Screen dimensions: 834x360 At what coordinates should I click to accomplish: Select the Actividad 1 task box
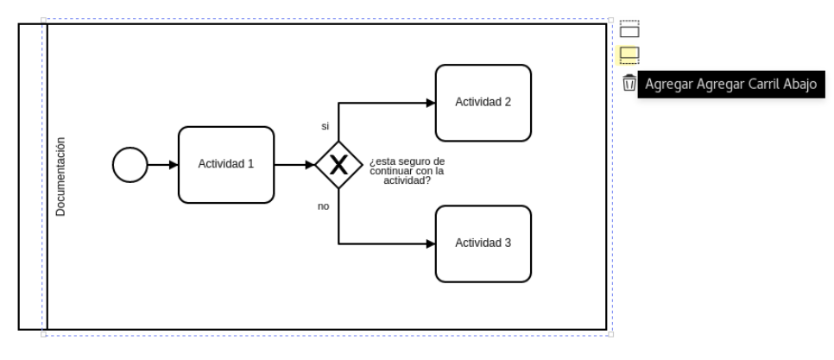[226, 165]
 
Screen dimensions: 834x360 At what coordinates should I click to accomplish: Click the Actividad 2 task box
[483, 103]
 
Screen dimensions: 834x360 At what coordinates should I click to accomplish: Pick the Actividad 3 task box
[483, 244]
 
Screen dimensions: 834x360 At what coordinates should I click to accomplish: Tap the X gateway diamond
[338, 165]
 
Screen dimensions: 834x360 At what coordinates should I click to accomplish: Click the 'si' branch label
[325, 127]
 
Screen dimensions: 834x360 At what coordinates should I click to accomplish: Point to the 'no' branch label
[324, 206]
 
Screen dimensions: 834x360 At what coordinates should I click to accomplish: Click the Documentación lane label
[60, 176]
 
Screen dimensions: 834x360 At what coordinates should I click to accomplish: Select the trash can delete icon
[629, 83]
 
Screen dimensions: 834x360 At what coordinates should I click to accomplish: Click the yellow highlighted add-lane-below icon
[629, 54]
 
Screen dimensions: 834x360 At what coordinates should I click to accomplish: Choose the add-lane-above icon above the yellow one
[629, 28]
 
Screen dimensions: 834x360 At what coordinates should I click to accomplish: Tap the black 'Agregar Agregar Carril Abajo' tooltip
[731, 85]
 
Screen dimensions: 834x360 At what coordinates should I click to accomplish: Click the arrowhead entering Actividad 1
[174, 165]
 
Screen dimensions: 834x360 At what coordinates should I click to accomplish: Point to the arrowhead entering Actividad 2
[431, 103]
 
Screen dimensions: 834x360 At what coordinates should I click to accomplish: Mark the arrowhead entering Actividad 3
[431, 244]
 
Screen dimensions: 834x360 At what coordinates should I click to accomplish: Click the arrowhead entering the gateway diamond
[311, 165]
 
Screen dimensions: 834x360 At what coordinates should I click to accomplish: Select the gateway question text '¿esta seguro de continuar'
[408, 166]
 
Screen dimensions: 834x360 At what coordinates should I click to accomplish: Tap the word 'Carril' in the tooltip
[764, 85]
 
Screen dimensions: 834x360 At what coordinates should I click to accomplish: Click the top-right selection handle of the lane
[610, 20]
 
